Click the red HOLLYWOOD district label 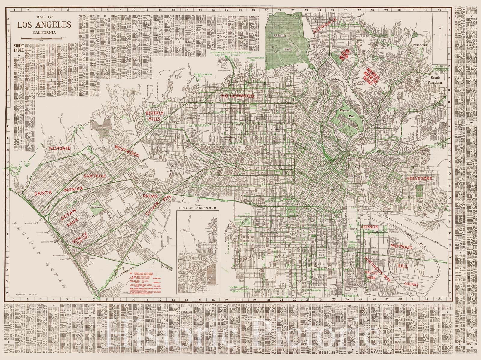click(238, 96)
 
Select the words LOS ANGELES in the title click(44, 25)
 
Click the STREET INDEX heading click(20, 48)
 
